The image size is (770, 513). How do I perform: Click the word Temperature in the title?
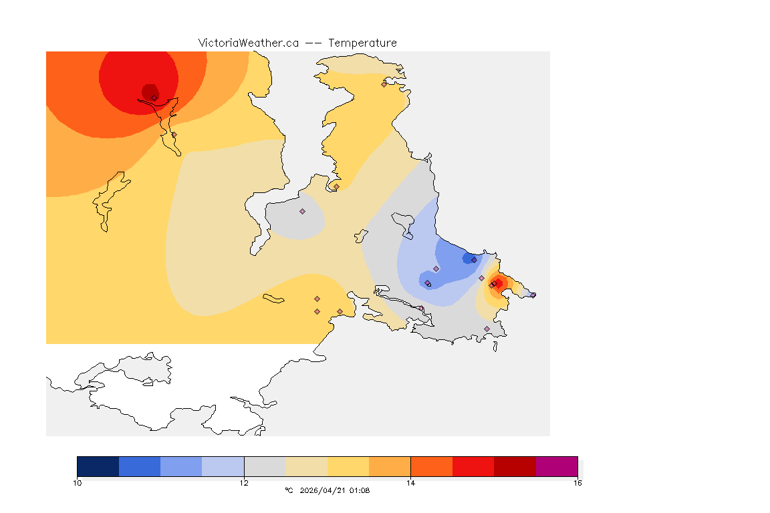tap(362, 43)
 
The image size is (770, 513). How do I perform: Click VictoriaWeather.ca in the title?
tap(248, 43)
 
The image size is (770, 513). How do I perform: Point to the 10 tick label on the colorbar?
tap(78, 482)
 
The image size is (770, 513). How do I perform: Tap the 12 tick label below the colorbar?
tap(244, 482)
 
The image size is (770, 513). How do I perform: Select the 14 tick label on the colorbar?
tap(410, 482)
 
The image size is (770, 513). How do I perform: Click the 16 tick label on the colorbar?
tap(577, 482)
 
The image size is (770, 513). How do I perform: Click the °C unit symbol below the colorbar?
tap(289, 490)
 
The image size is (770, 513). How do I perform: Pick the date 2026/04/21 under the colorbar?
tap(323, 490)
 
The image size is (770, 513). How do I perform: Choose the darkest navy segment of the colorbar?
tap(98, 466)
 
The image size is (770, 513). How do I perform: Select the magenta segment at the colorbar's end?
tap(556, 466)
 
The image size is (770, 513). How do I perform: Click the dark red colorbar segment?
tap(515, 466)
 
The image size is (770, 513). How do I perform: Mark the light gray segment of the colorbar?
tap(265, 466)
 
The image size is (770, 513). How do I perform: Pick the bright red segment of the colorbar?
tap(473, 466)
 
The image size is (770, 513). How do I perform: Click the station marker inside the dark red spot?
tap(154, 98)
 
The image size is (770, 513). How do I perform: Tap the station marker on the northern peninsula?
tap(384, 84)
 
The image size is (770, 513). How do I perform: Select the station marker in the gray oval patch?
tap(302, 211)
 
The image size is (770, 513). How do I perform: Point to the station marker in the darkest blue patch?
tap(474, 260)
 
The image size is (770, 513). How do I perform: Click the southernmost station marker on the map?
tap(487, 329)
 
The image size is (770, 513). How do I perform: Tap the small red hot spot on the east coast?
tap(497, 283)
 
